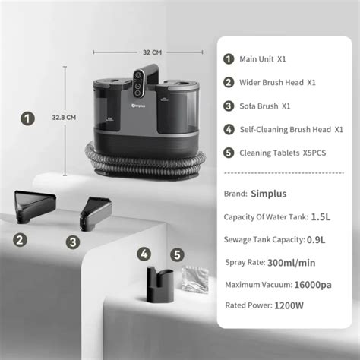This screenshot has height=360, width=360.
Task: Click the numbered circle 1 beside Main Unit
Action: click(x=228, y=58)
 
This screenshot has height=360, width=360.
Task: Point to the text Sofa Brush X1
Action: click(x=265, y=106)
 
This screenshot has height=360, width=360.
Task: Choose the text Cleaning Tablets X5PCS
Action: click(x=280, y=153)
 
